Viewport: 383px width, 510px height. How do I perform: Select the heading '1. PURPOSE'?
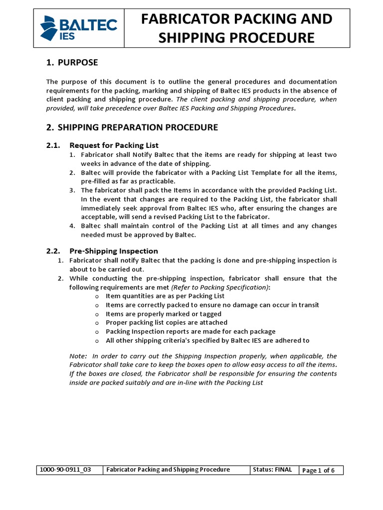point(72,62)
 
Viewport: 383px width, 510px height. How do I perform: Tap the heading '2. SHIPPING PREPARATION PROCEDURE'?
point(132,127)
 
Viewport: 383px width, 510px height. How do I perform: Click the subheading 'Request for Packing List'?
point(114,145)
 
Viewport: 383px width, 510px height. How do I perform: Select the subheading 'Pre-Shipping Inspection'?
point(114,251)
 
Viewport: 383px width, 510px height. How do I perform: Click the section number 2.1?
point(53,145)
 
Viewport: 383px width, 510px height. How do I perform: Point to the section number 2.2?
point(53,251)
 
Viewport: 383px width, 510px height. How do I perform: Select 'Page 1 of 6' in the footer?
point(318,470)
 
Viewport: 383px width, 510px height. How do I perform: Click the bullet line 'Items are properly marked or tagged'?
point(164,314)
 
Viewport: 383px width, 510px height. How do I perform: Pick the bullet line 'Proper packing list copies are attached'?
point(167,323)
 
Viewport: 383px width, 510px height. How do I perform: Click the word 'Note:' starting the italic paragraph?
point(78,356)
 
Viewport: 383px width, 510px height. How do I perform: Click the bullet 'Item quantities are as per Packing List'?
point(165,296)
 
